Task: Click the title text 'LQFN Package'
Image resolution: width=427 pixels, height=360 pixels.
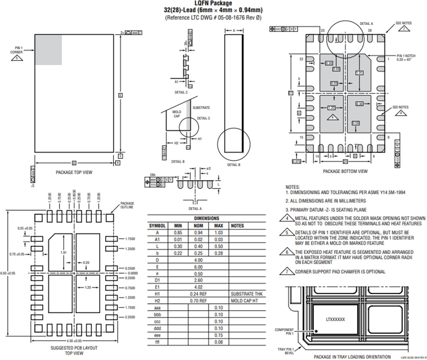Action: [x=213, y=4]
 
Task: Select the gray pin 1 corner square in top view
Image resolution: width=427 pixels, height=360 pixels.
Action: [x=48, y=49]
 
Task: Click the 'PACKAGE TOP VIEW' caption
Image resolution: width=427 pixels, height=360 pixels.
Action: [x=74, y=172]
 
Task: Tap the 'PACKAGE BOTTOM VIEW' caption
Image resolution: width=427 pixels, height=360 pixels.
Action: [x=345, y=171]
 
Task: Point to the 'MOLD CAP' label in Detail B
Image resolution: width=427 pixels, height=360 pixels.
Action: [x=176, y=114]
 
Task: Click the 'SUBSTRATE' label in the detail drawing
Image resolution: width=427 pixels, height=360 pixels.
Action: [x=201, y=108]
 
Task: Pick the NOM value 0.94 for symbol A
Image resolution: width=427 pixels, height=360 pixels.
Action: [x=198, y=233]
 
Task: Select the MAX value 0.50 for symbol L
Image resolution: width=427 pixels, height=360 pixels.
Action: [x=218, y=246]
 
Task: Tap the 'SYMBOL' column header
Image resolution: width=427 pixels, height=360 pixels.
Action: [x=157, y=225]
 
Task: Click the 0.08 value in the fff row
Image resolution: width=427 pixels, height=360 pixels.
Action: [x=218, y=342]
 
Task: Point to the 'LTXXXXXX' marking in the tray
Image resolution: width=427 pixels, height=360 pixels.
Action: [x=336, y=319]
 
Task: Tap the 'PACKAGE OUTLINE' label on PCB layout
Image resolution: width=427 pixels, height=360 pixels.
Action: [x=127, y=205]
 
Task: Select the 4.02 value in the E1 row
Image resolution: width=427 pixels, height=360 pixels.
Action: [x=198, y=287]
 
